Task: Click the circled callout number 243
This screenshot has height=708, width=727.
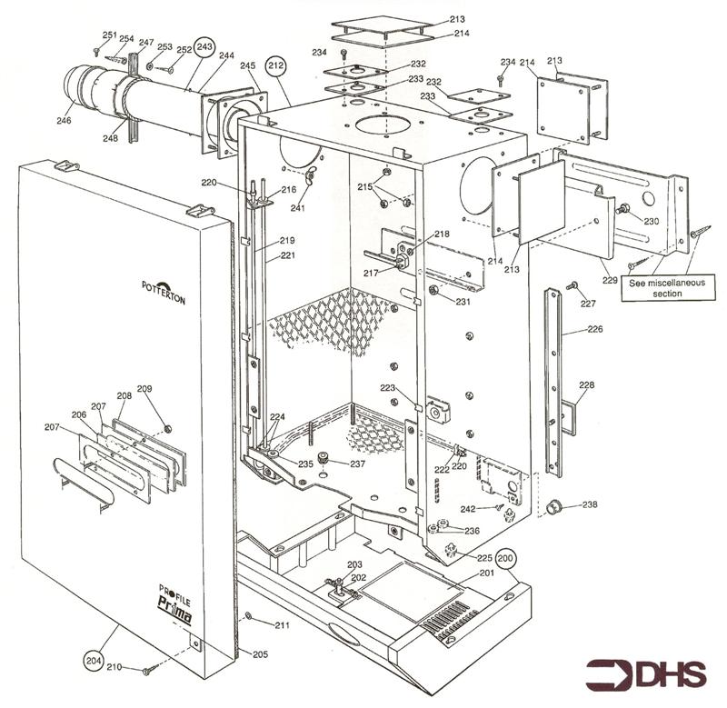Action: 204,45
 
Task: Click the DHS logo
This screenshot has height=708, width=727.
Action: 646,674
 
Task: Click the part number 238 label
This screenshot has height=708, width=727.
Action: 590,504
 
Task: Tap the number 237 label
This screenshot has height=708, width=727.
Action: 357,464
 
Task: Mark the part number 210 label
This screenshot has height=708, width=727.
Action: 113,667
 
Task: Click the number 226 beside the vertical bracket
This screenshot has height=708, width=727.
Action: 569,330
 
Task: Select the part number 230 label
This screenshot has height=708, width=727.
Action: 651,221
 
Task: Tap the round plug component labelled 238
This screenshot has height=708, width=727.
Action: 551,506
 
